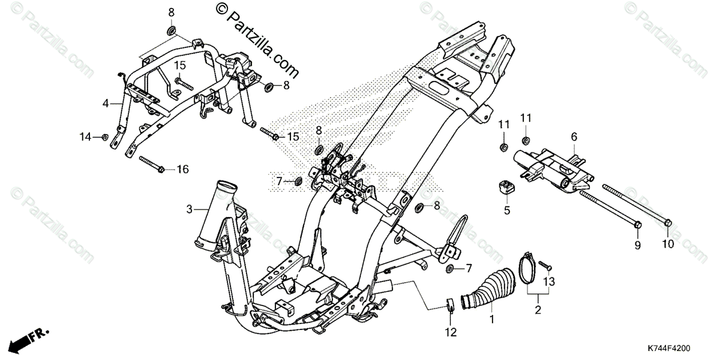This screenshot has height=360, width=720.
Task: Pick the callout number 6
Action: tap(574, 137)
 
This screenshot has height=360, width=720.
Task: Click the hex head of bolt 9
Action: tap(638, 226)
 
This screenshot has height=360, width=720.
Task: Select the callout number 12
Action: tap(451, 332)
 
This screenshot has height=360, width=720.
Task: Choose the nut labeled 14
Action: tap(105, 137)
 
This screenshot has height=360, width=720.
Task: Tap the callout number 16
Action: tap(182, 170)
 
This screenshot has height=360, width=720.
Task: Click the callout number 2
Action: tap(538, 310)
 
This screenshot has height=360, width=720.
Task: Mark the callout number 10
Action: tap(668, 245)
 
